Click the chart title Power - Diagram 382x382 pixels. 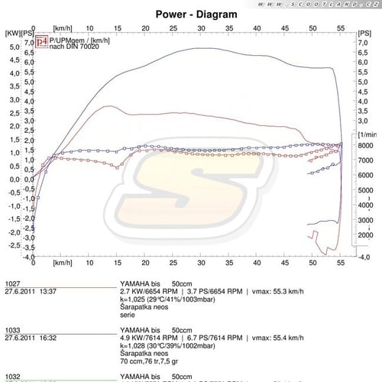click(x=191, y=13)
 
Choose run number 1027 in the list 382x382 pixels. click(x=12, y=283)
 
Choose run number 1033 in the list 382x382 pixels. click(x=12, y=328)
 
